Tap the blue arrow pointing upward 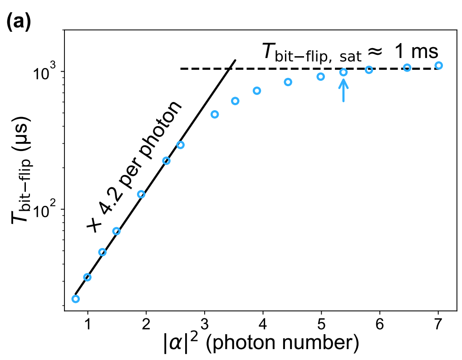pos(344,90)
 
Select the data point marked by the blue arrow pos(344,72)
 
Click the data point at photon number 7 pos(438,66)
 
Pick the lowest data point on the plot pos(76,299)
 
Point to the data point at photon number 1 pos(88,277)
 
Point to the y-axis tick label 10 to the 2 pos(45,209)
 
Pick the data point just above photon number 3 pos(215,114)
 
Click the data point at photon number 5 pos(321,77)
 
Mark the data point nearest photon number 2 pos(141,195)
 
